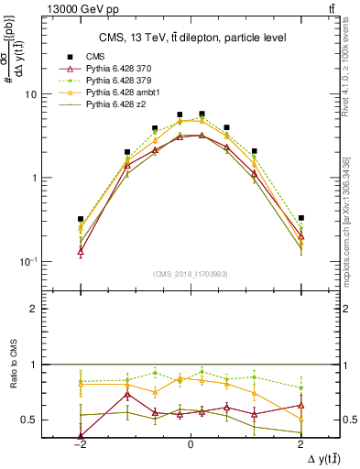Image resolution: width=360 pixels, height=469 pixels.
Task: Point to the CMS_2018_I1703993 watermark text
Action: [191, 275]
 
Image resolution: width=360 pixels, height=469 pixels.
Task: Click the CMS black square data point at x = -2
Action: [81, 219]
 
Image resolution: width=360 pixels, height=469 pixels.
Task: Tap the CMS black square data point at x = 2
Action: [300, 218]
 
